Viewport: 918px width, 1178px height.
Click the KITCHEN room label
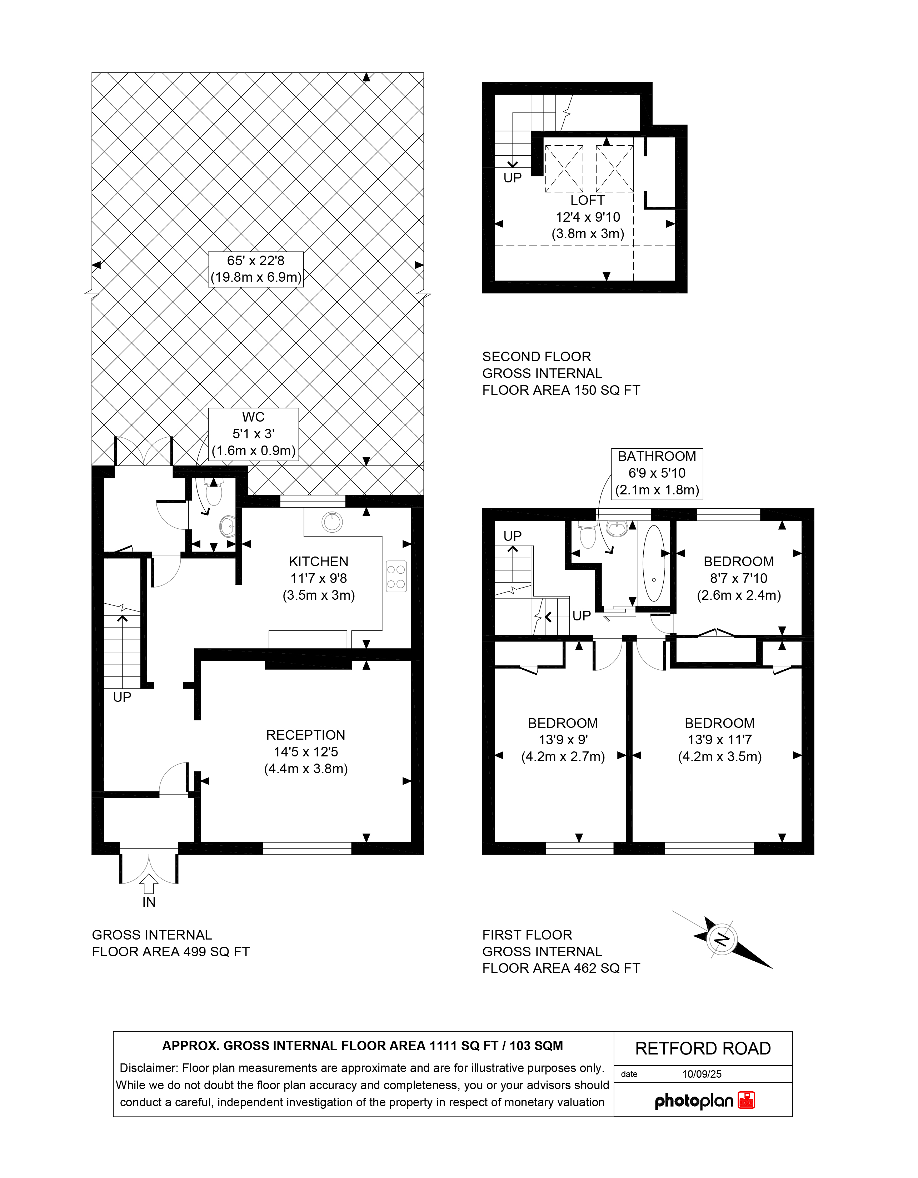318,562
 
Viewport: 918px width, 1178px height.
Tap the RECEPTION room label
305,735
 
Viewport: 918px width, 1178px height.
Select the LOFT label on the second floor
587,200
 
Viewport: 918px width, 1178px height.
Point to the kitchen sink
332,522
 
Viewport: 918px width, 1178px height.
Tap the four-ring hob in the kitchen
396,577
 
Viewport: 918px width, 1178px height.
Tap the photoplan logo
704,1101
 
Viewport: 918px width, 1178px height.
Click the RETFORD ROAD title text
703,1048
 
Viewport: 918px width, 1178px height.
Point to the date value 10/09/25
702,1074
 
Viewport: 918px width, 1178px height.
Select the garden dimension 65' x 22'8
255,261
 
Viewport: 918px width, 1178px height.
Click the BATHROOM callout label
657,456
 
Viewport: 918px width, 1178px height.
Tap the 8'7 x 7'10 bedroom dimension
738,578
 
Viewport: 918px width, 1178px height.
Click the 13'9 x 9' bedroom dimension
563,740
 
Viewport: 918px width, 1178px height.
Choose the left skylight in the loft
564,169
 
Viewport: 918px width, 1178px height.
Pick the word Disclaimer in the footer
148,1068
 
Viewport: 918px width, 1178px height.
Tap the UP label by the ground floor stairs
122,698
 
